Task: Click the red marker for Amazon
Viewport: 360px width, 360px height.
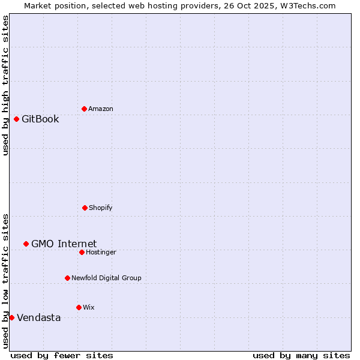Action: point(84,109)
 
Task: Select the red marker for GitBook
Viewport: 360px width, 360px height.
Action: point(16,119)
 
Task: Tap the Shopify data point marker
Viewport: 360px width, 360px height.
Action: point(85,208)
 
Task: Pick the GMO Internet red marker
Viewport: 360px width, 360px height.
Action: point(26,244)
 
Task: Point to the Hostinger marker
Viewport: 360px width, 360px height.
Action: point(82,252)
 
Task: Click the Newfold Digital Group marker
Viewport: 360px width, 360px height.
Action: point(67,278)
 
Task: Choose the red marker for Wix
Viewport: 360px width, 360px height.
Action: point(79,307)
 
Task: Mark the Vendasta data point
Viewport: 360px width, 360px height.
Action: point(11,317)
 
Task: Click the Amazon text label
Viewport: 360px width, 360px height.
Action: point(101,109)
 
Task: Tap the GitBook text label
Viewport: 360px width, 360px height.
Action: point(40,119)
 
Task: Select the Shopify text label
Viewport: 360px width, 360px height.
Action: point(101,208)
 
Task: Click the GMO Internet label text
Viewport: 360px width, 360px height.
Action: point(64,244)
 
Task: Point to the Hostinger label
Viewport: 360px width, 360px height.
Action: point(101,252)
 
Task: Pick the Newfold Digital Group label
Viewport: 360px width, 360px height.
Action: point(106,278)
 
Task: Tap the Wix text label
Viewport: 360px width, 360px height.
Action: point(89,307)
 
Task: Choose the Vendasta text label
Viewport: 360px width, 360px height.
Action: point(38,317)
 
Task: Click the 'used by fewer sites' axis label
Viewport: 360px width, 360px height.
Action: point(62,355)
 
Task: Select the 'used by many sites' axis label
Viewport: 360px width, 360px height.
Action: point(301,355)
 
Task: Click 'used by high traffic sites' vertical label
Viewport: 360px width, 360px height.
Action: point(5,85)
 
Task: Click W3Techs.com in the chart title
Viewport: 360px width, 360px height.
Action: point(307,5)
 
